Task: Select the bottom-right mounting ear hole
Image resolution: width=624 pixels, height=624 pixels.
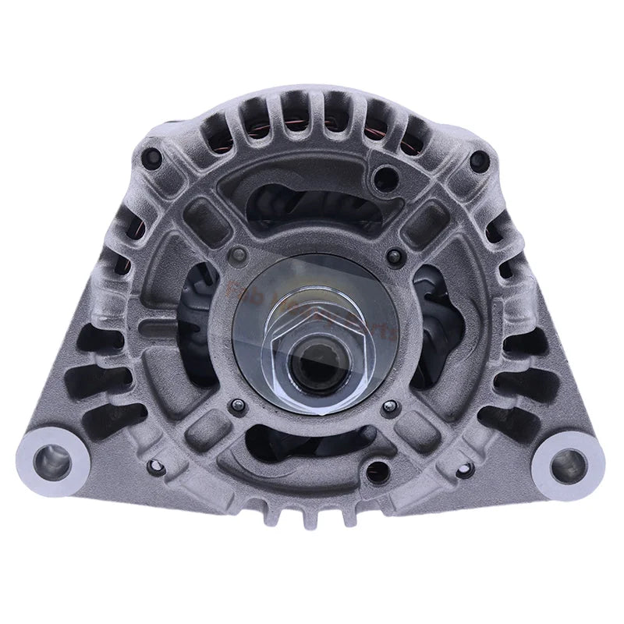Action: [x=567, y=466]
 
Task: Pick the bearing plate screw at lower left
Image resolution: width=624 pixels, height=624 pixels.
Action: [x=238, y=405]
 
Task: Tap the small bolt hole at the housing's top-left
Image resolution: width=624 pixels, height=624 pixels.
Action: [x=154, y=159]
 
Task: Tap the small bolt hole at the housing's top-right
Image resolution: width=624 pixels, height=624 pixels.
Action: [x=478, y=162]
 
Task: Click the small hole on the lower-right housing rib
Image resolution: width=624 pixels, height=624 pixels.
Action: [x=467, y=468]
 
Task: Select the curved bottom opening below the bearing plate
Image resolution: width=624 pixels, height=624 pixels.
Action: [x=312, y=445]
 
